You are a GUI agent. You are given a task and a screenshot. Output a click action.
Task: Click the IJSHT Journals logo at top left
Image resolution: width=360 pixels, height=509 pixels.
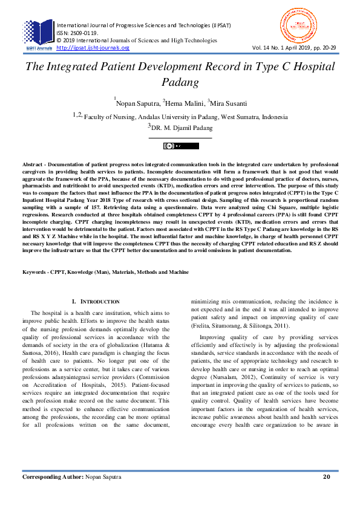click(x=38, y=34)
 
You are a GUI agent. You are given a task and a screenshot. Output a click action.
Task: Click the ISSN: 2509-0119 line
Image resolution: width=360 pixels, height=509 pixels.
click(x=76, y=33)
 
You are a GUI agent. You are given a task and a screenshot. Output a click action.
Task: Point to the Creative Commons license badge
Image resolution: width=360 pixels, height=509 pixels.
click(x=180, y=146)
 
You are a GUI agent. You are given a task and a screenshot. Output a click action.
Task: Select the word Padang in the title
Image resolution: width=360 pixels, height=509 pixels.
click(x=180, y=81)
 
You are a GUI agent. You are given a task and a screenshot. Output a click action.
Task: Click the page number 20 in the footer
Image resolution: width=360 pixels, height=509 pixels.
click(x=326, y=494)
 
